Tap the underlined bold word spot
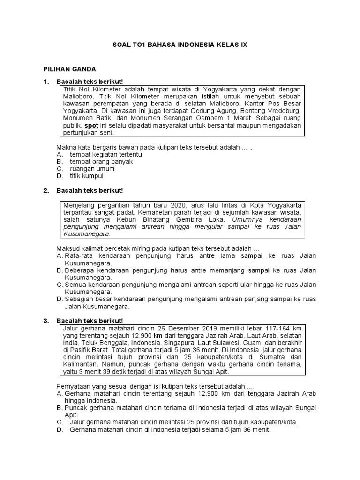pos(91,126)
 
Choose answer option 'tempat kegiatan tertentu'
pos(106,154)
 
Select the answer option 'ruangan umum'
pos(92,169)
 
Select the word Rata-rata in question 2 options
pos(79,256)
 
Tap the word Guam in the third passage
pos(255,343)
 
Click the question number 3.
pos(45,321)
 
